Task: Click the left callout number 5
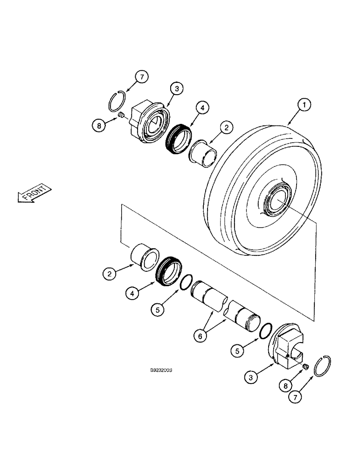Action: [158, 308]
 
